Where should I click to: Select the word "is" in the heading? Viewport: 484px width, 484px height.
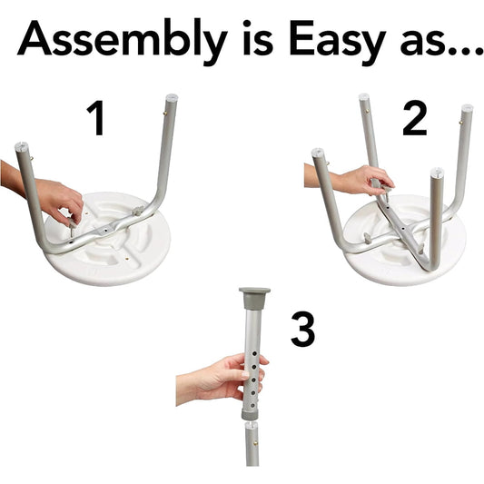tap(258, 38)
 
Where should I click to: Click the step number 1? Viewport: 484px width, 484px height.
tap(96, 118)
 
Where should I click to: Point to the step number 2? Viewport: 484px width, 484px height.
tap(415, 119)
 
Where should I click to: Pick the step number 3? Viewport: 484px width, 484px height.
tap(302, 329)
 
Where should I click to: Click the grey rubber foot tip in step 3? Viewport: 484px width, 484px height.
tap(254, 297)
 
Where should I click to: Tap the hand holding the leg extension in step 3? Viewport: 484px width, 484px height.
tap(222, 377)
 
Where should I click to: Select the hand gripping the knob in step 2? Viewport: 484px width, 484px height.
tap(355, 179)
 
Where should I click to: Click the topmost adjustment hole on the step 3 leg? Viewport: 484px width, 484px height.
tap(254, 353)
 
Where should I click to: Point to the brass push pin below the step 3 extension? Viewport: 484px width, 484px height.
tap(255, 443)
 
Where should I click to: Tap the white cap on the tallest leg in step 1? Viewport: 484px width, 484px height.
tap(172, 97)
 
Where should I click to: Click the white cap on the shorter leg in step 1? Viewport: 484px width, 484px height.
tap(21, 145)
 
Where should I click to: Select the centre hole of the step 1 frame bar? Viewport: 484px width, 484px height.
tap(105, 230)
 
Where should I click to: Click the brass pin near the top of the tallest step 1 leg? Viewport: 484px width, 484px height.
tap(165, 114)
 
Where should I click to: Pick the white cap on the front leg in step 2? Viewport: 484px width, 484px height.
tap(437, 172)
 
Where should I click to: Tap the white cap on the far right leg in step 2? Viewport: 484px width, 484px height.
tap(467, 108)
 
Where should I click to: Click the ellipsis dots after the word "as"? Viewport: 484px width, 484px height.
tap(463, 51)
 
